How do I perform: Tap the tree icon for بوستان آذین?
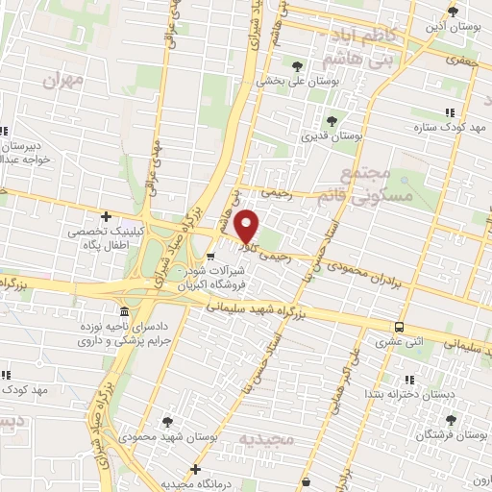pyautogui.click(x=453, y=12)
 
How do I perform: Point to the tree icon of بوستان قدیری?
pyautogui.click(x=331, y=121)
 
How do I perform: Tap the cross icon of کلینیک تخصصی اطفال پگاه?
pyautogui.click(x=106, y=216)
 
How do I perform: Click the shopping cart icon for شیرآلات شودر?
pyautogui.click(x=210, y=256)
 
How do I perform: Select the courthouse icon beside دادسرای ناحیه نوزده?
pyautogui.click(x=124, y=312)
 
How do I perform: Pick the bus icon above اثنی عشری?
pyautogui.click(x=399, y=326)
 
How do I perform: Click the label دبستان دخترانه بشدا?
pyautogui.click(x=402, y=394)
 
